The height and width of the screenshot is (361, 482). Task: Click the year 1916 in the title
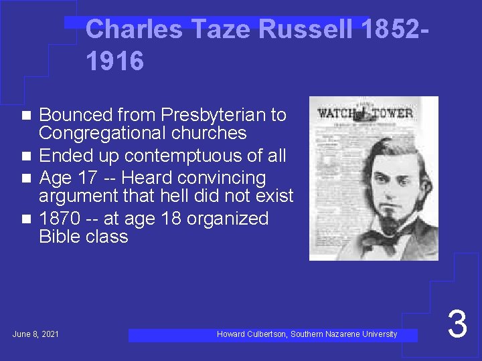114,62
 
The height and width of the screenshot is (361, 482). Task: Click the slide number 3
457,324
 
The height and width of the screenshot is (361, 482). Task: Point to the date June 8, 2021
35,334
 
